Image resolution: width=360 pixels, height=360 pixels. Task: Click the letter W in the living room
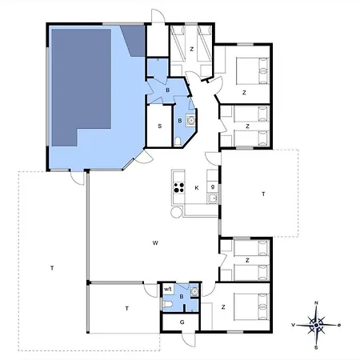click(x=155, y=243)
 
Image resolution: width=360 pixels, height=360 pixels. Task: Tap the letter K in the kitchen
click(x=197, y=188)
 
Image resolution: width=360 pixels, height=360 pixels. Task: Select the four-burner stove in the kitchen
click(x=178, y=187)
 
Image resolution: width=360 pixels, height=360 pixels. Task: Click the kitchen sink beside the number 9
click(x=213, y=198)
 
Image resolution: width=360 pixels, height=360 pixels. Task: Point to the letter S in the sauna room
click(x=160, y=126)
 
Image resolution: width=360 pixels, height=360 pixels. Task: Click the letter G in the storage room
click(x=182, y=322)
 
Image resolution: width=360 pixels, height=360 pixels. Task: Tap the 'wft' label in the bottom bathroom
click(x=167, y=289)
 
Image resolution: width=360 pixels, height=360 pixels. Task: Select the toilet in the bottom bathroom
click(x=168, y=304)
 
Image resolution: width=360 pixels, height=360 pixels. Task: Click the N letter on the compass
click(x=316, y=303)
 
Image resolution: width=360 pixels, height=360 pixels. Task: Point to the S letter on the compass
click(x=316, y=347)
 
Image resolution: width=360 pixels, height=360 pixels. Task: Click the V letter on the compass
click(x=293, y=325)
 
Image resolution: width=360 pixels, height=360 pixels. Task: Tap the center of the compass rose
click(x=316, y=325)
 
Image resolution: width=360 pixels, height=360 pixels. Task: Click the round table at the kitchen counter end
click(x=176, y=212)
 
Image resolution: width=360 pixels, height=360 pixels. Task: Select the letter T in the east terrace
click(x=263, y=194)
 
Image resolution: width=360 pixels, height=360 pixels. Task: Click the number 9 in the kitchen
click(x=213, y=187)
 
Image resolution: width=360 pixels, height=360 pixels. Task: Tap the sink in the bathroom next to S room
click(x=191, y=120)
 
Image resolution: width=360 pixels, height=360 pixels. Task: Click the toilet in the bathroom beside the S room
click(x=178, y=142)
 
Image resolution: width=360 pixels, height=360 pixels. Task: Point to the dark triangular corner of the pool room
click(x=134, y=40)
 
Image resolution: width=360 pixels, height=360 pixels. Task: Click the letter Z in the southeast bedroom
click(x=223, y=307)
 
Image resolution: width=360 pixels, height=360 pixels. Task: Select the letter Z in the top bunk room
click(x=191, y=50)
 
